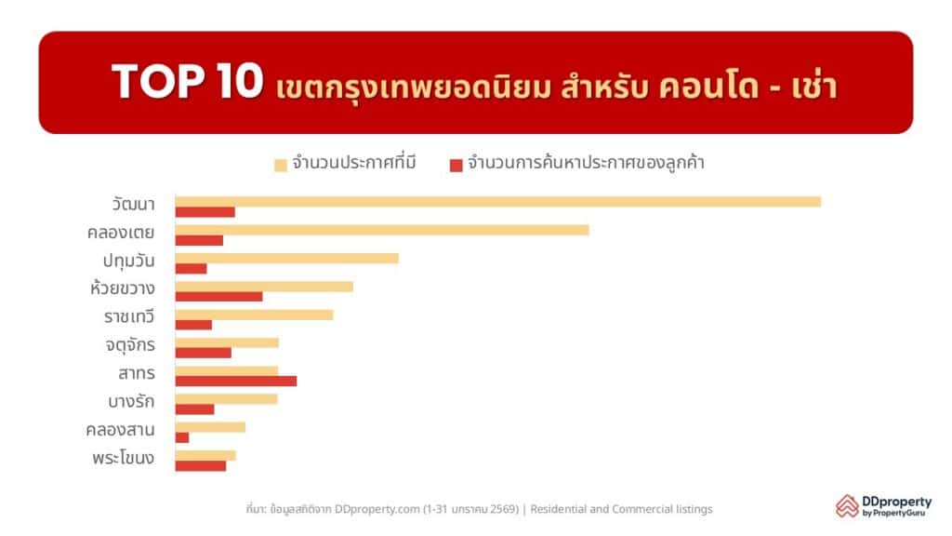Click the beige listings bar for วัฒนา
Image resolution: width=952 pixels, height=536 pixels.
coord(498,202)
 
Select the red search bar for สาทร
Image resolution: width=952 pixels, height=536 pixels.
coord(236,381)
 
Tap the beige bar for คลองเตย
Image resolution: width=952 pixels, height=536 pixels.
coord(382,231)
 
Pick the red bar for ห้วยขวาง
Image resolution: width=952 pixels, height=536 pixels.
coord(219,297)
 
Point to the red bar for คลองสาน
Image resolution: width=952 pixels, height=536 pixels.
coord(182,437)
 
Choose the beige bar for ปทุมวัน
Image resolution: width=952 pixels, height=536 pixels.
coord(287,259)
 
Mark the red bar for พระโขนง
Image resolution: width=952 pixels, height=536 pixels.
coord(201,466)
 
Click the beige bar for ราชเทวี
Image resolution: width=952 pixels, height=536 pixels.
coord(255,315)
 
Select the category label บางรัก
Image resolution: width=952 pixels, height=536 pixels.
coord(131,402)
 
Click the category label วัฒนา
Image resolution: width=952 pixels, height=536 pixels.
coord(134,204)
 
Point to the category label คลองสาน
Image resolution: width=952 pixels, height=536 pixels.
coord(120,430)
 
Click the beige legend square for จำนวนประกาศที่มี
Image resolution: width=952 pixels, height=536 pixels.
coord(281,166)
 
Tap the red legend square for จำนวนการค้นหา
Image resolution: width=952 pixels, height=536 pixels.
coord(456,166)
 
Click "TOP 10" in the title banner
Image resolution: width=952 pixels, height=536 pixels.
coord(187,82)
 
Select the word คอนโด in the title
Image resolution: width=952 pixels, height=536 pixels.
coord(708,86)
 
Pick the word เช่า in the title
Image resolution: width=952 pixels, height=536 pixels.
coord(814,85)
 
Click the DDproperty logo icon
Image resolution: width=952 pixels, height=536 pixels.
coord(847,505)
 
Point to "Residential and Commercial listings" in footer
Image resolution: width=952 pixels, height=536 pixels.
coord(621,509)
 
